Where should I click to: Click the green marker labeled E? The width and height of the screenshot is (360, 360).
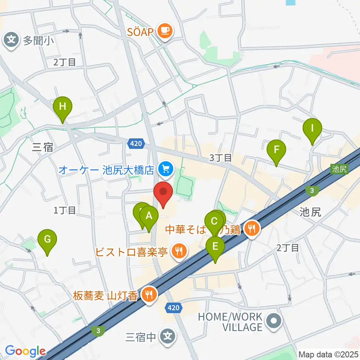pos(215,247)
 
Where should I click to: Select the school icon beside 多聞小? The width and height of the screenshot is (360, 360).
pos(12,40)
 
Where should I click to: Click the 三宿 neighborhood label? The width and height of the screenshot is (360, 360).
pos(43,148)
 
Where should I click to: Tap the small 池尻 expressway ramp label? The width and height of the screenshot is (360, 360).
pos(340,169)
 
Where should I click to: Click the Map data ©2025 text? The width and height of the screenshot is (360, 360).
pos(328,354)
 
